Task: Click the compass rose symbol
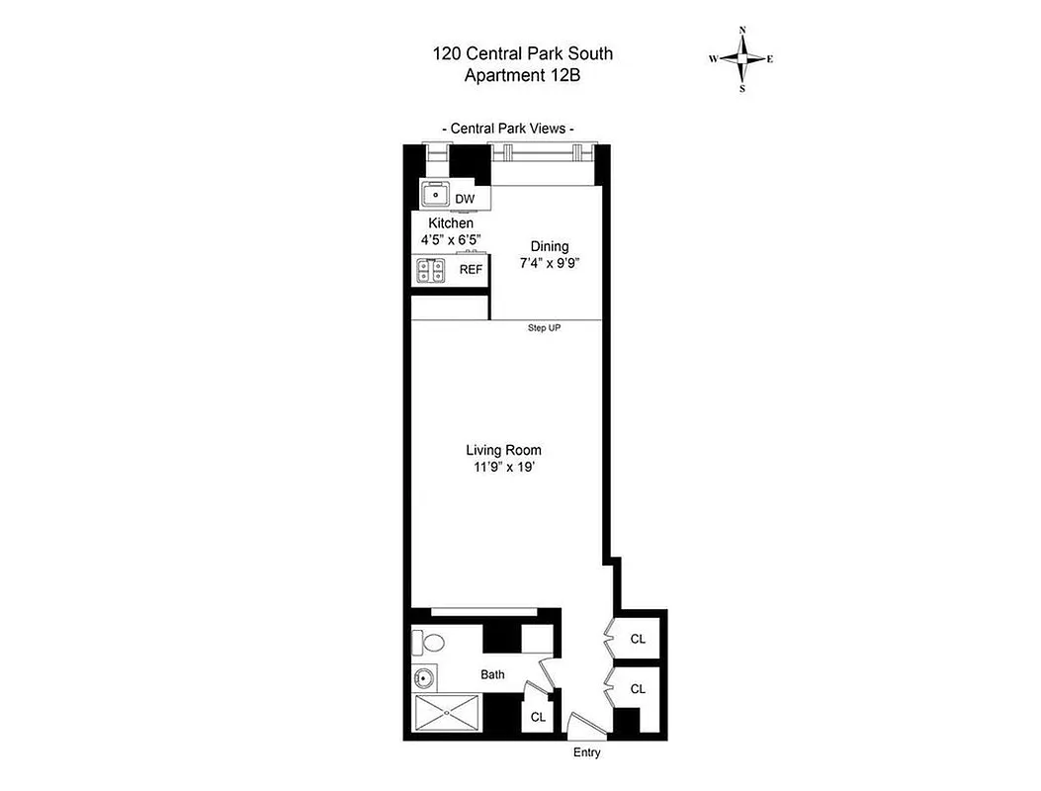[740, 58]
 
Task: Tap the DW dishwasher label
[465, 199]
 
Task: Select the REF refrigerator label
[471, 269]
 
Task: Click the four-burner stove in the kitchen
[431, 270]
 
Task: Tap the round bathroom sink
[424, 678]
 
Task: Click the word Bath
[492, 675]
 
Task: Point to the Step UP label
[544, 328]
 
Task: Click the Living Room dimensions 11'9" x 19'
[503, 468]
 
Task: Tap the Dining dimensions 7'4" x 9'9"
[549, 264]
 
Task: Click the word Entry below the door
[587, 753]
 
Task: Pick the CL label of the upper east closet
[638, 639]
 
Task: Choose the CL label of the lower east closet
[638, 689]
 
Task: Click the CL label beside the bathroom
[538, 717]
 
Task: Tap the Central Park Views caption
[507, 129]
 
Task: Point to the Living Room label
[503, 450]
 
